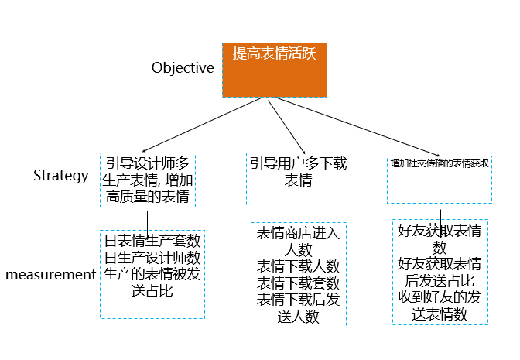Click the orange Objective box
pos(275,70)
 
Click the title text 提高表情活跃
pos(274,53)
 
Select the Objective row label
pos(183,68)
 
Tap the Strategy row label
pos(61,176)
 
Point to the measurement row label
pos(51,275)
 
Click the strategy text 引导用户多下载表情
pos(299,172)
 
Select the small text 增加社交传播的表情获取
pos(440,163)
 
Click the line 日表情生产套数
pos(152,241)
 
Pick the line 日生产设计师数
pos(152,258)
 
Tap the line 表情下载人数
pos(299,266)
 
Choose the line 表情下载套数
pos(299,283)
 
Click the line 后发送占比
pos(440,281)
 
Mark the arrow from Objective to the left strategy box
pos(202,125)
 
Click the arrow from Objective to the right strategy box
pos(357,126)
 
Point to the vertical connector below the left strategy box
pos(147,224)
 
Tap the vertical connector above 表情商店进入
pos(299,225)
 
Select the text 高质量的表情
pos(148,197)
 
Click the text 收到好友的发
pos(440,297)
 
